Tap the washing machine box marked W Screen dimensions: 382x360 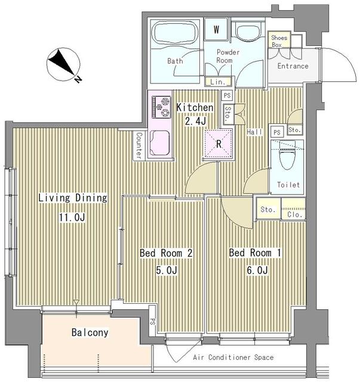(x=216, y=29)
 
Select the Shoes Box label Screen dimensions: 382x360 (x=279, y=41)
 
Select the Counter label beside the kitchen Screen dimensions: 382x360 (x=139, y=145)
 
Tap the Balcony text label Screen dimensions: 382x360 (x=90, y=332)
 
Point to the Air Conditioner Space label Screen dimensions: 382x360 (x=233, y=358)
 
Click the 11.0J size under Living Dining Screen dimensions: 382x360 (x=72, y=218)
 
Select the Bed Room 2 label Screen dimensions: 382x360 (x=165, y=254)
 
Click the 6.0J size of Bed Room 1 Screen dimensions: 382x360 (x=255, y=271)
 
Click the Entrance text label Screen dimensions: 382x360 (x=293, y=66)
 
